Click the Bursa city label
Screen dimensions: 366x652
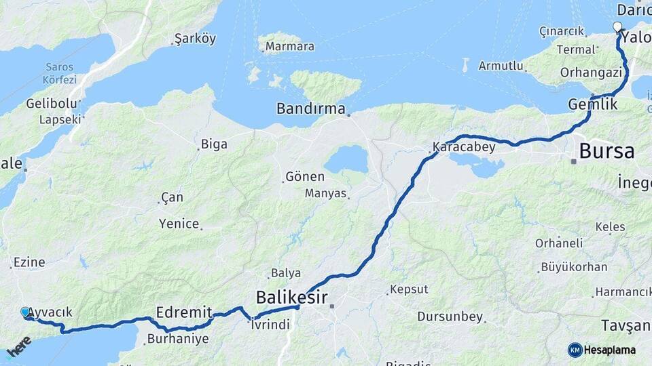pyautogui.click(x=606, y=151)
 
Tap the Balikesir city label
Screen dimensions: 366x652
pyautogui.click(x=292, y=297)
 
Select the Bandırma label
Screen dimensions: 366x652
pyautogui.click(x=310, y=108)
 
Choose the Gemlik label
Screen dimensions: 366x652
pyautogui.click(x=594, y=104)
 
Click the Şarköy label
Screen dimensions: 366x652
pyautogui.click(x=195, y=39)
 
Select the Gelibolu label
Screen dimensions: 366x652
pyautogui.click(x=48, y=104)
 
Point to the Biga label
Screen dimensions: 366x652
pyautogui.click(x=214, y=144)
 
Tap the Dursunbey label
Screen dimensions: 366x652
pyautogui.click(x=450, y=317)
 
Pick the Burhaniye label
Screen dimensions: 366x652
pyautogui.click(x=178, y=339)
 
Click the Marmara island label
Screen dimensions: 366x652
pyautogui.click(x=289, y=47)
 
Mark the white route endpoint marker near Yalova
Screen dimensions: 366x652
pyautogui.click(x=617, y=27)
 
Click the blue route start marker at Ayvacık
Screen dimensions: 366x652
pyautogui.click(x=26, y=312)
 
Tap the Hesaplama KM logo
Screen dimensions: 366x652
pyautogui.click(x=602, y=350)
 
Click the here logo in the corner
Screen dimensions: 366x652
pyautogui.click(x=19, y=347)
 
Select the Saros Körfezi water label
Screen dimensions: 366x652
pyautogui.click(x=59, y=73)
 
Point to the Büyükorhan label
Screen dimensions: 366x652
pyautogui.click(x=574, y=267)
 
